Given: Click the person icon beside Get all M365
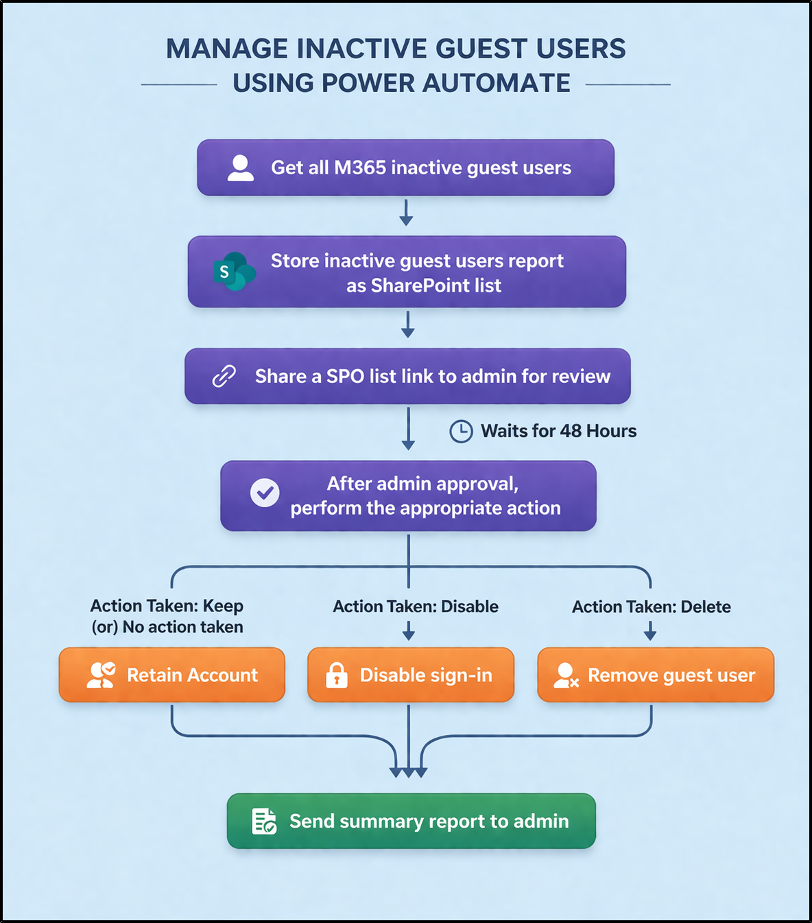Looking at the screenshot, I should pos(241,168).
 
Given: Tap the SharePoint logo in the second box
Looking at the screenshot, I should pos(233,272).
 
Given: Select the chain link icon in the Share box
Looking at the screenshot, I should pos(224,376).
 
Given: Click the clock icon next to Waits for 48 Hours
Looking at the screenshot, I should pos(461,431).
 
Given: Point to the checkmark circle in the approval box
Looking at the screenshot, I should pos(265,493).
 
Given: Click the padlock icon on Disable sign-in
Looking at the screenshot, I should pos(336,675).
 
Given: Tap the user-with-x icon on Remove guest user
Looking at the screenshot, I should pos(566,675).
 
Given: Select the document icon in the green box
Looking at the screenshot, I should pos(264,821).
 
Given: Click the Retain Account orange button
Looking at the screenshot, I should pos(172,675).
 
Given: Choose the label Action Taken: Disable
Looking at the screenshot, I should pos(416,607).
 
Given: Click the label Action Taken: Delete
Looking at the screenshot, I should pos(652,607).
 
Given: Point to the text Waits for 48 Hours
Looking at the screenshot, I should pos(558,431).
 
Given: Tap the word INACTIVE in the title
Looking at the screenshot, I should pos(361,49).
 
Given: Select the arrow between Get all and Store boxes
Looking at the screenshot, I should pos(406,213).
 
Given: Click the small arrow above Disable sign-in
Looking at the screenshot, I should pos(409,631).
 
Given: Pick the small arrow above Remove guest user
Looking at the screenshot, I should pos(650,631).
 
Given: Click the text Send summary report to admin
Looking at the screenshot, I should pos(429,821).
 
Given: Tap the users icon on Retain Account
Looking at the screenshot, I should pos(101,675).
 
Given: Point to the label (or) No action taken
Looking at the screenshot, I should pos(167,627).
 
